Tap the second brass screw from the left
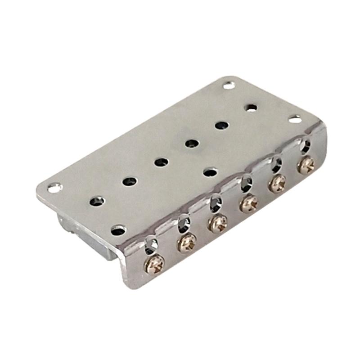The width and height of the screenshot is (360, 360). tap(187, 243)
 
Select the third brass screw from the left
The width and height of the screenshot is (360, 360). tap(218, 223)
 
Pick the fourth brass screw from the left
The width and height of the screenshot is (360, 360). tap(248, 203)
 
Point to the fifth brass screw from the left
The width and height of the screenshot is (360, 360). tap(277, 183)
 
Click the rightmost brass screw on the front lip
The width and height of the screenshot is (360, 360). tap(306, 164)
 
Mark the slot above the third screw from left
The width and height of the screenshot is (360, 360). tap(216, 203)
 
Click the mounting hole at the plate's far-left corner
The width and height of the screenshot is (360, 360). tap(55, 188)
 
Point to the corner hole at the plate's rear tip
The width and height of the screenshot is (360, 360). tap(229, 85)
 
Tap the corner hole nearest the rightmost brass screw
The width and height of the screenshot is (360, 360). tap(295, 119)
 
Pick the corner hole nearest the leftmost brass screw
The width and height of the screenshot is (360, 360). tap(118, 230)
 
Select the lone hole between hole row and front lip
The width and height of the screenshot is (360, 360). tap(210, 171)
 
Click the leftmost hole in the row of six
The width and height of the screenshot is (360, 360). tap(97, 201)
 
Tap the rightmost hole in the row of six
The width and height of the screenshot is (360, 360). tap(251, 108)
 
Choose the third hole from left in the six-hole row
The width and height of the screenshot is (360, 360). tap(161, 162)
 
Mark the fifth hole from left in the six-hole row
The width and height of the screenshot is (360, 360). tap(221, 125)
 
